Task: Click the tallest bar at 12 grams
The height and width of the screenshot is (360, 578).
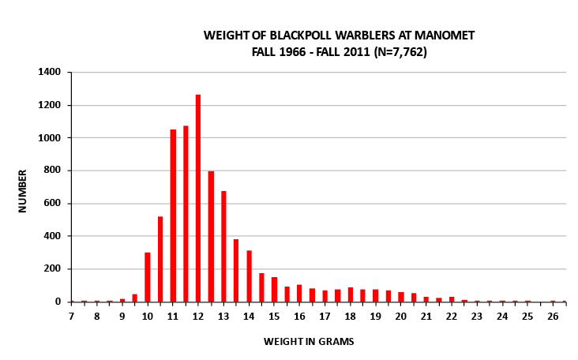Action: (198, 198)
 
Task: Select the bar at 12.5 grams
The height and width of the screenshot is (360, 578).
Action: (211, 236)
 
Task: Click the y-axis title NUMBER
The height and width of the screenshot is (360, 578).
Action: (24, 189)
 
